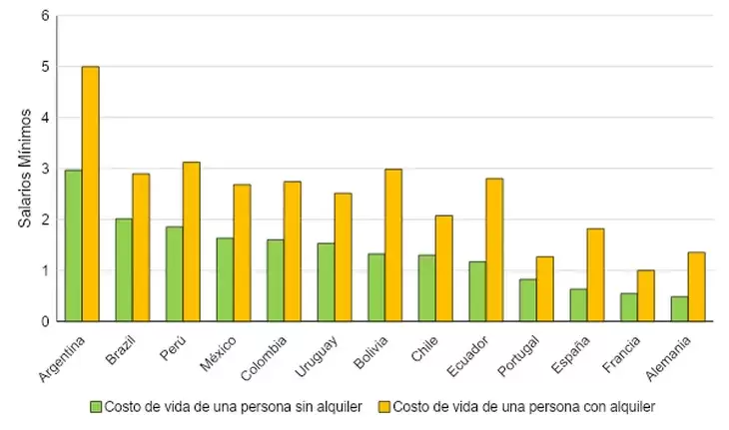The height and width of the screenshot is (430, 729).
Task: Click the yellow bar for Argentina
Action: coord(90,194)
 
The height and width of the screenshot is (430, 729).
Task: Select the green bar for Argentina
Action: coord(73,245)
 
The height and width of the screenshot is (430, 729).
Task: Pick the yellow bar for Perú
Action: coord(191,241)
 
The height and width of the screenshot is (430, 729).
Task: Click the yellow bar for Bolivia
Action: coord(392,245)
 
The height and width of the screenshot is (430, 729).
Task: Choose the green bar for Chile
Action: coord(426,288)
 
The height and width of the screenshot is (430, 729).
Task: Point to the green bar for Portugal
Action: coord(527,300)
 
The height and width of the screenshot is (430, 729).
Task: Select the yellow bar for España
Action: coord(594,274)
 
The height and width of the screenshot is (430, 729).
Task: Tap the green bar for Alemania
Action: coord(678,308)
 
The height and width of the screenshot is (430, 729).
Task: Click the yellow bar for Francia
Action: coord(645,295)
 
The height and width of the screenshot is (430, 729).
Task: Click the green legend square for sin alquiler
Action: coord(97,407)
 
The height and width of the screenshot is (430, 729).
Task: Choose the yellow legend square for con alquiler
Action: coord(384,407)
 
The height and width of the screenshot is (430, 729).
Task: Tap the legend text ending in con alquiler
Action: coord(523,407)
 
